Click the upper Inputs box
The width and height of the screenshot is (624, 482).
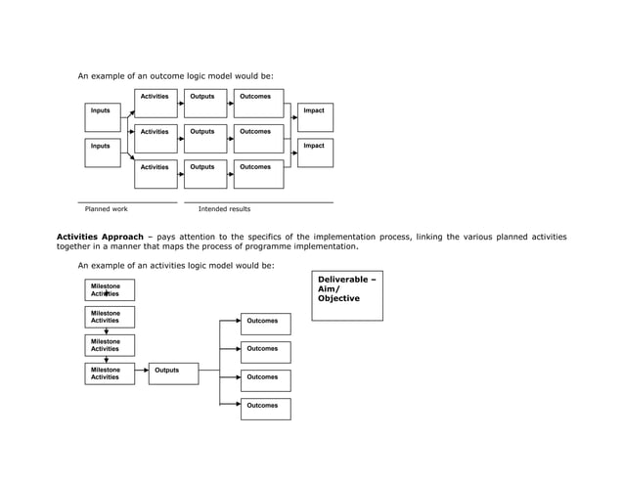[103, 117]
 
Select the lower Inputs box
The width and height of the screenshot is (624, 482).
[103, 153]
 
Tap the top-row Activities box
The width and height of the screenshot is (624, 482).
[156, 104]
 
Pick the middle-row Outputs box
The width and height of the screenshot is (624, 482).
[204, 139]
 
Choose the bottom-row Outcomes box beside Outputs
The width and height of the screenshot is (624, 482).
[258, 174]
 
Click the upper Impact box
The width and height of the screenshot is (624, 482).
[315, 117]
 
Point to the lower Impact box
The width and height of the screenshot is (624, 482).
[315, 153]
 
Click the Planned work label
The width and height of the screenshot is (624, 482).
[107, 209]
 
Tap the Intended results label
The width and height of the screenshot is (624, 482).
[224, 209]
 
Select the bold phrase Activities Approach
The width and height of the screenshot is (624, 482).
[100, 237]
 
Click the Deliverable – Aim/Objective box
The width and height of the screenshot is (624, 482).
[347, 296]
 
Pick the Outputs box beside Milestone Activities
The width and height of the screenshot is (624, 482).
[173, 374]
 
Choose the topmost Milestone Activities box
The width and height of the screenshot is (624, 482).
[110, 290]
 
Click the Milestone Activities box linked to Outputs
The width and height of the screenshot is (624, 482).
[110, 374]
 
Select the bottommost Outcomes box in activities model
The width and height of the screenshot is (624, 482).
[265, 409]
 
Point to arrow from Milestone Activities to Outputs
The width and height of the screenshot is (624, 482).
[142, 372]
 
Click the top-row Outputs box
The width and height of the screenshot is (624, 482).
[204, 104]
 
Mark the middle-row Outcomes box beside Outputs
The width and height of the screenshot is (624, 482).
[258, 139]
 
